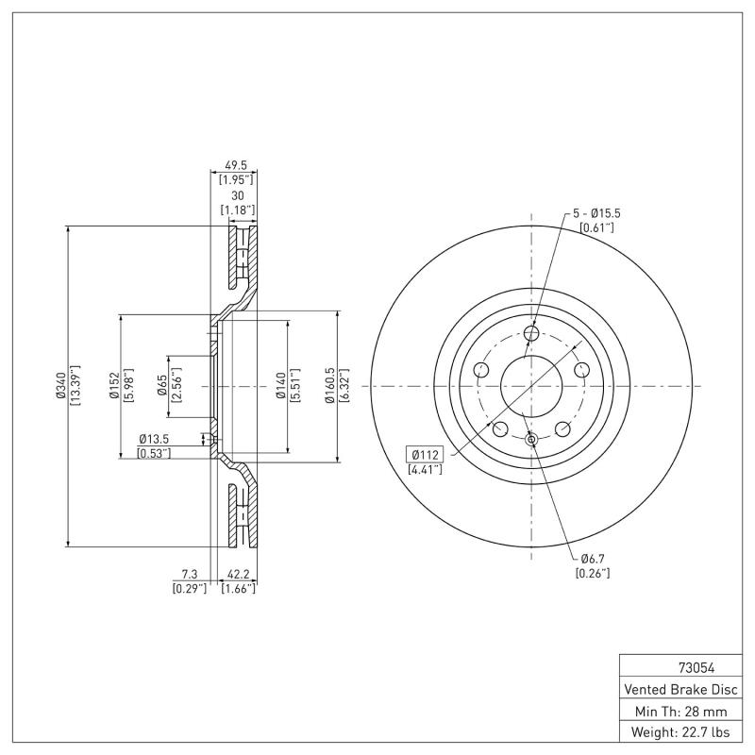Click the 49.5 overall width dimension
(233, 163)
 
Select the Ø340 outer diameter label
(60, 386)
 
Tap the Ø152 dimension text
(113, 386)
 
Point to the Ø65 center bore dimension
(162, 386)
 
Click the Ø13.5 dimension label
(154, 439)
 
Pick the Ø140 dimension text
(280, 386)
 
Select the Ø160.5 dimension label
(329, 386)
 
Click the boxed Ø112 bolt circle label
(426, 454)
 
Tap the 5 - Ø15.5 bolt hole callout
(595, 214)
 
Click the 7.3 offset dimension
(189, 574)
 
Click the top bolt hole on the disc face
(531, 333)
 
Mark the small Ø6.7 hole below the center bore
(531, 439)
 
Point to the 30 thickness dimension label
(237, 195)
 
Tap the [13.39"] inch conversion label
(75, 386)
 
